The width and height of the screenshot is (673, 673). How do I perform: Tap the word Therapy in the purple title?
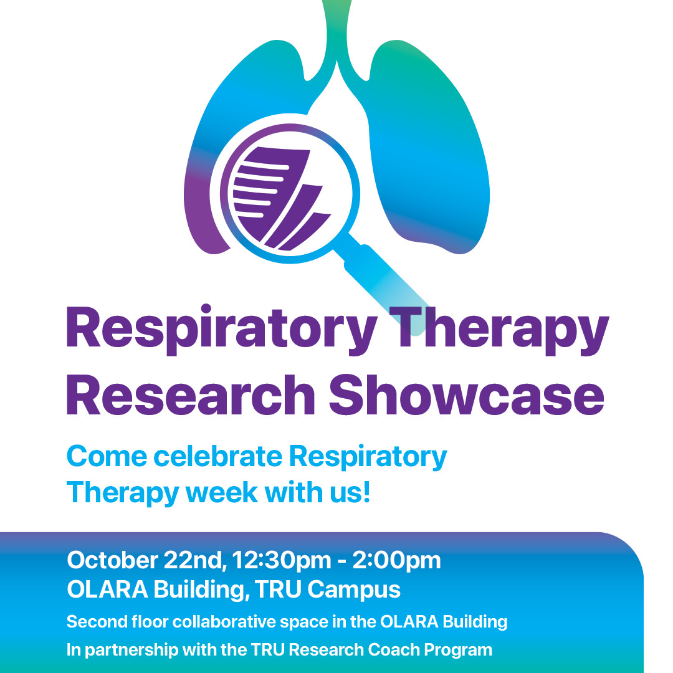click(x=502, y=329)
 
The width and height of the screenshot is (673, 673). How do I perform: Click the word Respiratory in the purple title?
click(x=221, y=329)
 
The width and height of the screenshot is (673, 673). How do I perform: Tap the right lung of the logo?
click(x=424, y=156)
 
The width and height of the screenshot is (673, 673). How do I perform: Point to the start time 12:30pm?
click(x=279, y=560)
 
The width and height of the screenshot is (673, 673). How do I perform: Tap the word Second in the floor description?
click(x=93, y=621)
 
